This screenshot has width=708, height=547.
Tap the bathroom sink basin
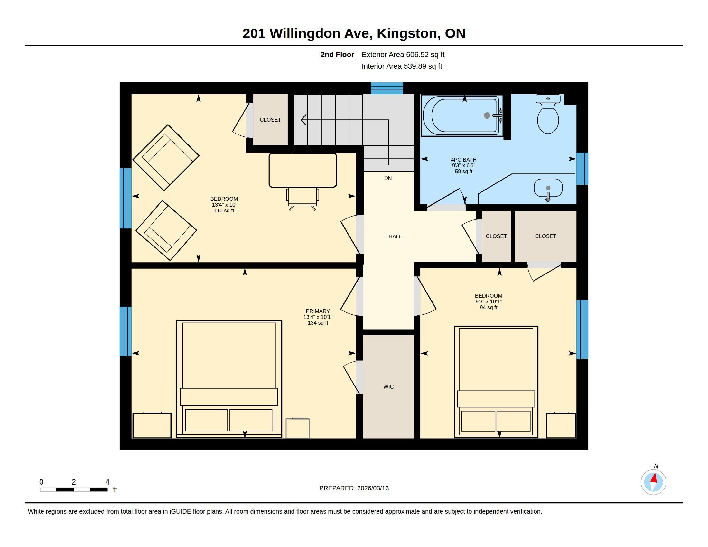pos(548,188)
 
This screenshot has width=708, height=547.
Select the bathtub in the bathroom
pos(462,116)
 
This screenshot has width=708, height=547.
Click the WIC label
pos(388,386)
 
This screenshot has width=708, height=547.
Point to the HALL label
pos(395,236)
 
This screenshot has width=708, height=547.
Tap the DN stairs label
pos(388,178)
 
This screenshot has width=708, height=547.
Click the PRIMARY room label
pos(318,311)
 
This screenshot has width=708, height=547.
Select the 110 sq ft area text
pos(224,211)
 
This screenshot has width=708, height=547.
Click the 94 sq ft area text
pos(489,308)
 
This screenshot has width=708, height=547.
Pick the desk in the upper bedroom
pos(303,170)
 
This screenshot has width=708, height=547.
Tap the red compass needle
pos(654,478)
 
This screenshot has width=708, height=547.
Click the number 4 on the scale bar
pos(107,482)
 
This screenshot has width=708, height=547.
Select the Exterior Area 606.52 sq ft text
pos(403,54)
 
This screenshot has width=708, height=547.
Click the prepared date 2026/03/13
pos(373,488)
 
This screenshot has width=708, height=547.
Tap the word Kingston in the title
pos(407,33)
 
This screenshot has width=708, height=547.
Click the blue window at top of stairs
pos(387,88)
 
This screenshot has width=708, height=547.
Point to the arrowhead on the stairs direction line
pos(303,120)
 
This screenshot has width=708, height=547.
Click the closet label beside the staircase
pos(270,120)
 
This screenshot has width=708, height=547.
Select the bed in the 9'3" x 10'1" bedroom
pos(496,382)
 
